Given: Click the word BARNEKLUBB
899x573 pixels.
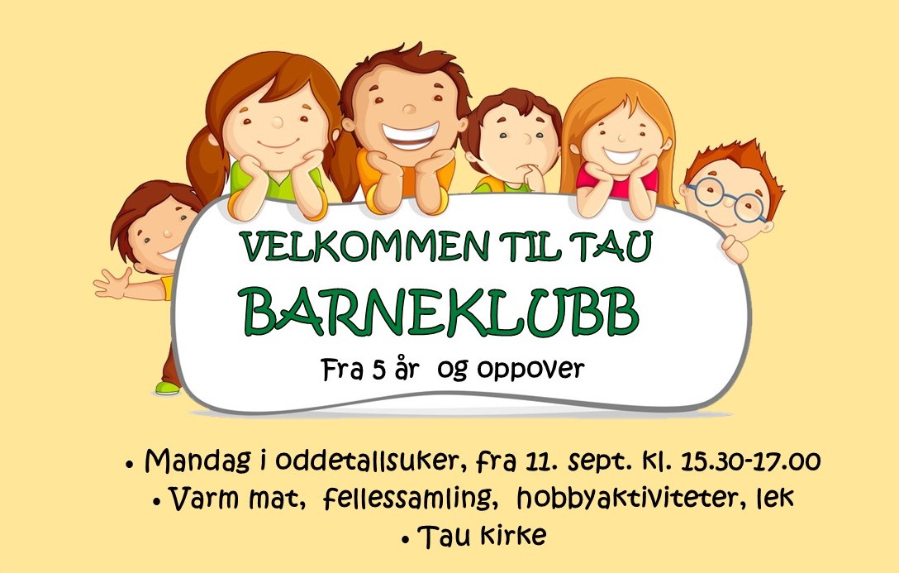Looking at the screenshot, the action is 441,312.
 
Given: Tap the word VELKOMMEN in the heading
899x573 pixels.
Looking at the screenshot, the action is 365,246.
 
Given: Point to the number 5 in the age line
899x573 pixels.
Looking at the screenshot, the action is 378,370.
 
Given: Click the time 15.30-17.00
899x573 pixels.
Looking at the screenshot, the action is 750,461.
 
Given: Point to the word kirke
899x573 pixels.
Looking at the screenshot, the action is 513,536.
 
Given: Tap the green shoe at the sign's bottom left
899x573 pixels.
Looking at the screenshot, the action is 168,389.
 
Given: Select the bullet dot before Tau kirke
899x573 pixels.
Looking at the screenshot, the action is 407,540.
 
